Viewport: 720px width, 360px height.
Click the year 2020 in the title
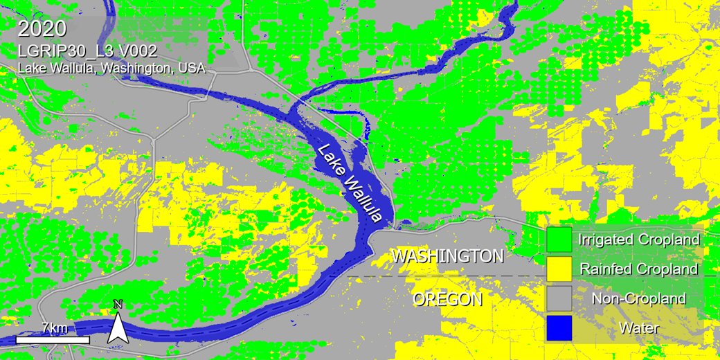click(42, 30)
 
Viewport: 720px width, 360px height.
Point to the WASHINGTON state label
click(447, 256)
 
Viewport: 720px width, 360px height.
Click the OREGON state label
click(447, 299)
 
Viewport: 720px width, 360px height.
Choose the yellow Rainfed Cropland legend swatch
click(559, 269)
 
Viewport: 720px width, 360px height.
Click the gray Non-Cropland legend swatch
click(559, 298)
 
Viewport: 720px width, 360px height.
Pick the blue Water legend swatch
click(559, 327)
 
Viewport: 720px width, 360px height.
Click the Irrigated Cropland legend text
click(638, 240)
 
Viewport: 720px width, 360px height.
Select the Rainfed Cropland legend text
click(638, 269)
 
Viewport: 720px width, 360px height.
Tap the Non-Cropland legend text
click(638, 298)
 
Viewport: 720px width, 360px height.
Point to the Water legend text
click(638, 327)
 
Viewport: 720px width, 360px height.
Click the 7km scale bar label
click(53, 327)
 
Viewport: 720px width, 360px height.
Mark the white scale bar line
click(53, 340)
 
